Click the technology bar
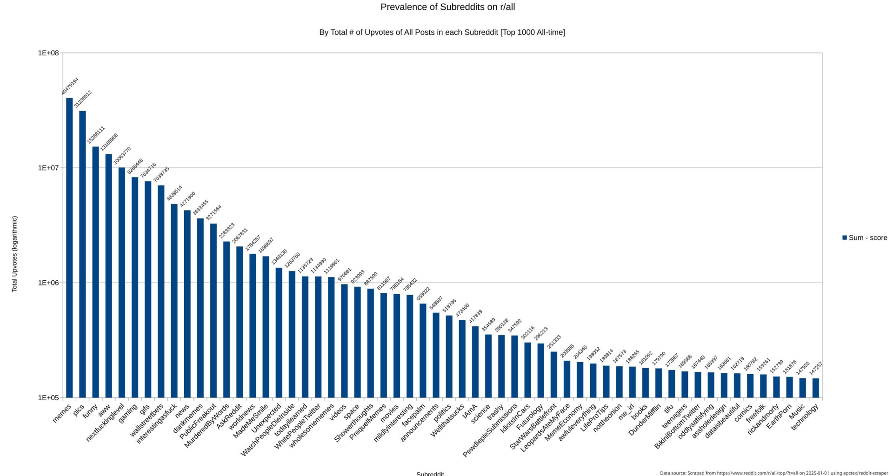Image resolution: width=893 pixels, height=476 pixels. (x=816, y=388)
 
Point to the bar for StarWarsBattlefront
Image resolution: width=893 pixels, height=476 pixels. (x=553, y=374)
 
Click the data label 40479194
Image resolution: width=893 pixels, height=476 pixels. (x=70, y=86)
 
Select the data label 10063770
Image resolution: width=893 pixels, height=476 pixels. (x=122, y=156)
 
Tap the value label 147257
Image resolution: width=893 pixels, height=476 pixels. (x=816, y=369)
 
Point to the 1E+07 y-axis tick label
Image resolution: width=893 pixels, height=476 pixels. (x=48, y=168)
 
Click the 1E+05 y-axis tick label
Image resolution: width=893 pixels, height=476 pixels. (x=48, y=398)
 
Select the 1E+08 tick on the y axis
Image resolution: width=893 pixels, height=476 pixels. (x=48, y=53)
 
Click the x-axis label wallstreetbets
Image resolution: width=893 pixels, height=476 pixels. (x=147, y=420)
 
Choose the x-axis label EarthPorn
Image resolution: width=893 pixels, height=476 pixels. (x=779, y=416)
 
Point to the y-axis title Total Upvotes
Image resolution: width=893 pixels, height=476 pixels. (x=14, y=254)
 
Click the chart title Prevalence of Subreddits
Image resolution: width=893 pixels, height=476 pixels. (x=447, y=7)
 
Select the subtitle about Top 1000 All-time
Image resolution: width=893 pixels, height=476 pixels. (x=442, y=33)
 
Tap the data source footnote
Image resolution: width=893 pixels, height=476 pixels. (x=773, y=473)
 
